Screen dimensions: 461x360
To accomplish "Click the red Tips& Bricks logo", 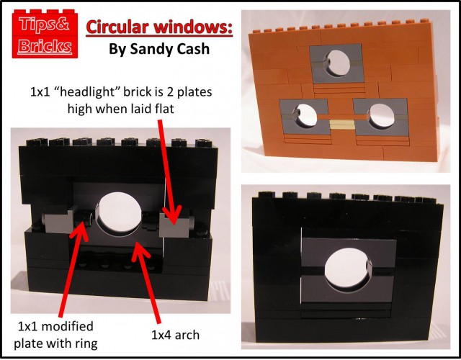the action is (45, 34).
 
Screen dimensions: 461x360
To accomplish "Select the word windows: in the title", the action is (194, 27).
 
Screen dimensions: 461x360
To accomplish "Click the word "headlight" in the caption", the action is (89, 92).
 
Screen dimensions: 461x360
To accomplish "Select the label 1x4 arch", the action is (175, 335).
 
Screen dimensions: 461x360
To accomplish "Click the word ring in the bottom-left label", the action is (86, 344).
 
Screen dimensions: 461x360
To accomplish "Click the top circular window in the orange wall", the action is (339, 63).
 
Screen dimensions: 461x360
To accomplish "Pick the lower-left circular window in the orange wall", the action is (305, 116).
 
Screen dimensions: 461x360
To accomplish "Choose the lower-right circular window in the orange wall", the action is (381, 116).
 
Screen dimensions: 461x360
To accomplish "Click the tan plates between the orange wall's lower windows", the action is (342, 125).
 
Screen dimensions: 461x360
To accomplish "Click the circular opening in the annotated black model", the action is (119, 215).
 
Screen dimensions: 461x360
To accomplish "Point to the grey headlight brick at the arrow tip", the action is (174, 225).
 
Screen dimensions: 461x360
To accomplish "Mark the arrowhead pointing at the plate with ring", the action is (79, 230).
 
